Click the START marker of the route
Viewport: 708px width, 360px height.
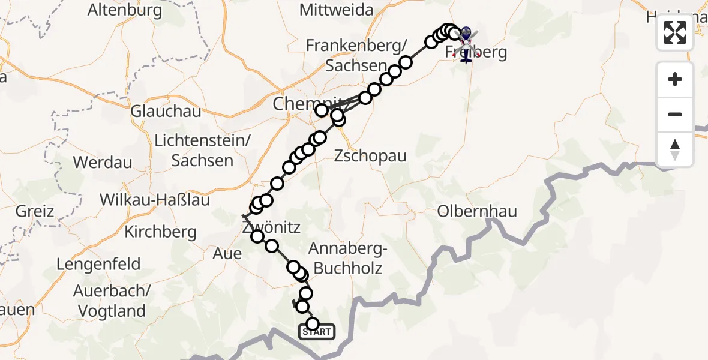click(317, 331)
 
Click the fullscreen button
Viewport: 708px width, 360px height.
click(675, 32)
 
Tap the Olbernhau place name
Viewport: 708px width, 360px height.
click(477, 212)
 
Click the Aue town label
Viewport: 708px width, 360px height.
click(227, 254)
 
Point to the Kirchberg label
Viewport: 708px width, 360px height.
click(160, 232)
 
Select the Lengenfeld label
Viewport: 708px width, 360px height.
click(98, 264)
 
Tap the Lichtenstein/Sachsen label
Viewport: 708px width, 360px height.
click(202, 151)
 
